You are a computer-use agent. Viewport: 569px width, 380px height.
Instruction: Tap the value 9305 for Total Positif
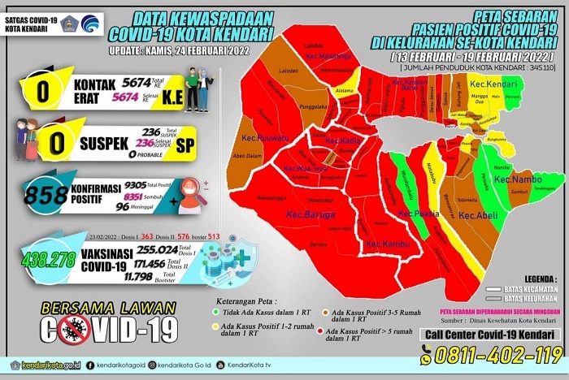[x=134, y=185]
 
